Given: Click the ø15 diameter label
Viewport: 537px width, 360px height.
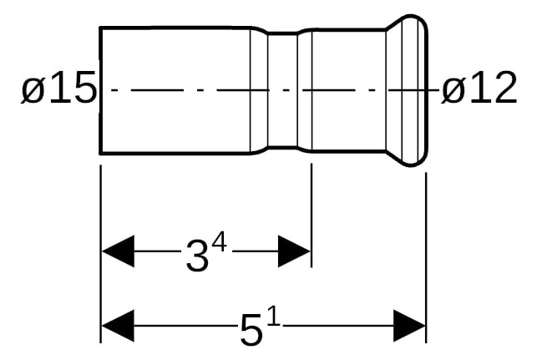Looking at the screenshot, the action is [59, 87].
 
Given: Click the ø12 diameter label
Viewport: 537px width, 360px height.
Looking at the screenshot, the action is [479, 87].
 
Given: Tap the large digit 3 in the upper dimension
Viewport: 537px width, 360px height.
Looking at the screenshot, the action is [197, 256].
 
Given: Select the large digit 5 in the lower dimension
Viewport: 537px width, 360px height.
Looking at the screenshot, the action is [251, 330].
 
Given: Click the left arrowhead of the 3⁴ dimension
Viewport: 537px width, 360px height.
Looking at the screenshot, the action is [118, 251].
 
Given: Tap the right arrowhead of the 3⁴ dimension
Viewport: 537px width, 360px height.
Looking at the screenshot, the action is [294, 251].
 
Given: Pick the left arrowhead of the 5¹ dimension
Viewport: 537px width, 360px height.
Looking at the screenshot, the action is [118, 326].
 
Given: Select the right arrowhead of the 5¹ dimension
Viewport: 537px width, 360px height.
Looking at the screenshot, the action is [409, 326].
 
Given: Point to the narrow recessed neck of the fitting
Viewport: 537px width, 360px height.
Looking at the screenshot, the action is [282, 90].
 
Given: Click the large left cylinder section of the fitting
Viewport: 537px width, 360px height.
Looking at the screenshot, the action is [175, 90].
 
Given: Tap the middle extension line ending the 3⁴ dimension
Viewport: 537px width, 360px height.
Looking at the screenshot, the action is [312, 215].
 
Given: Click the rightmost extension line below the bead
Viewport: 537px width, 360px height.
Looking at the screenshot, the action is [426, 257].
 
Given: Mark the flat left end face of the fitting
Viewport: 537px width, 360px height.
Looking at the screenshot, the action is [100, 90].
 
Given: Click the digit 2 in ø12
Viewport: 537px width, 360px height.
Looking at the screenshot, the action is [504, 87].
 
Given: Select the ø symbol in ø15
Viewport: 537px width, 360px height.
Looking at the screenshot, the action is [33, 90].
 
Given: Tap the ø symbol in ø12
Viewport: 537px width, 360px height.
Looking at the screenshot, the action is [453, 90].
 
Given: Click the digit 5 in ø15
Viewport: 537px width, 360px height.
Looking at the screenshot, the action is [84, 87].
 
